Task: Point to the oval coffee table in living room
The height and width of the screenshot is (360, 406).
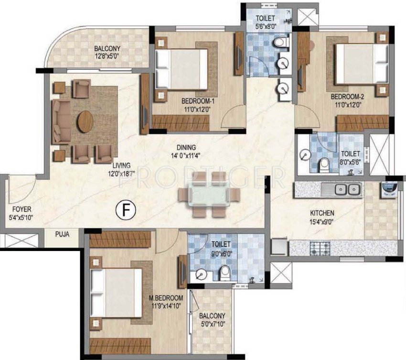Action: [85, 121]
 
